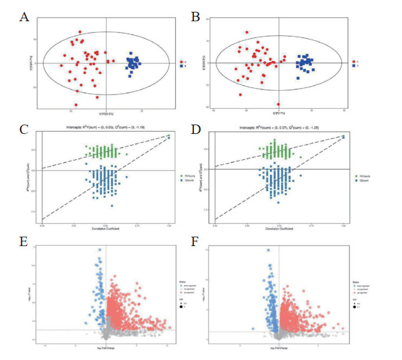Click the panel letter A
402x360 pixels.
24,17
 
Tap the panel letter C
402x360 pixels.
24,129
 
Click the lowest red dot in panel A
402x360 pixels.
76,105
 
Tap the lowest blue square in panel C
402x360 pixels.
112,205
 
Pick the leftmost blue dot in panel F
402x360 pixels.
253,328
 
